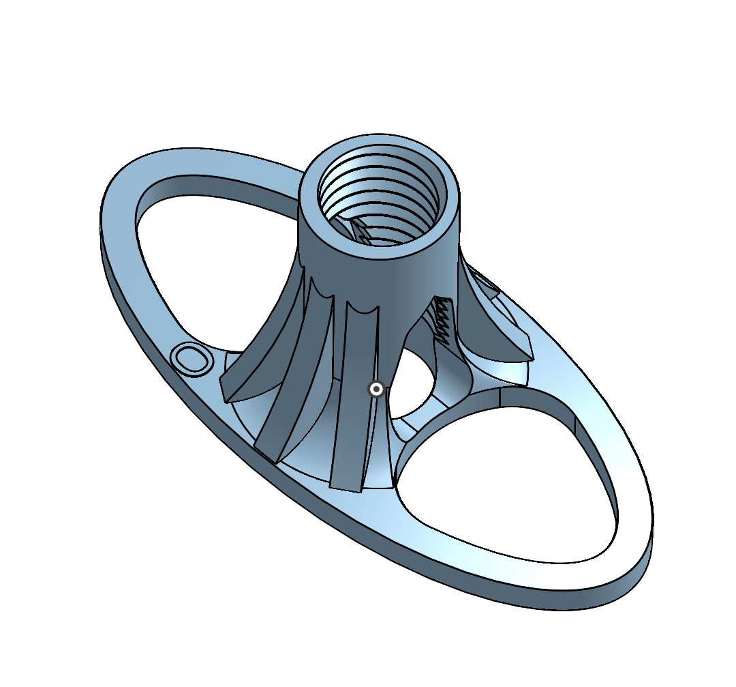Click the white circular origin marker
pyautogui.click(x=375, y=389)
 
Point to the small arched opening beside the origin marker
pyautogui.click(x=412, y=389)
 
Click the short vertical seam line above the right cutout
pyautogui.click(x=500, y=396)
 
